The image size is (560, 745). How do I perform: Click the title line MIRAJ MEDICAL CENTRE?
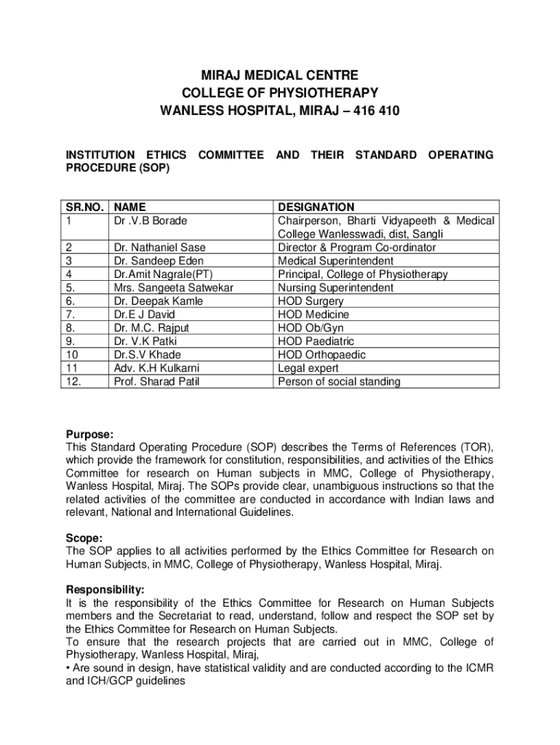tap(280, 75)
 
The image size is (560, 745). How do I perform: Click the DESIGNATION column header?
tap(316, 207)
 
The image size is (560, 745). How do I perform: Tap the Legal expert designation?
tap(308, 368)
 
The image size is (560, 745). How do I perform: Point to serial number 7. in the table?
tap(71, 314)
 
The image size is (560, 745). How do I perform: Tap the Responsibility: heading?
tap(105, 589)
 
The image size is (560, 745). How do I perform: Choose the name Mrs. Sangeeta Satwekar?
tap(173, 287)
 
